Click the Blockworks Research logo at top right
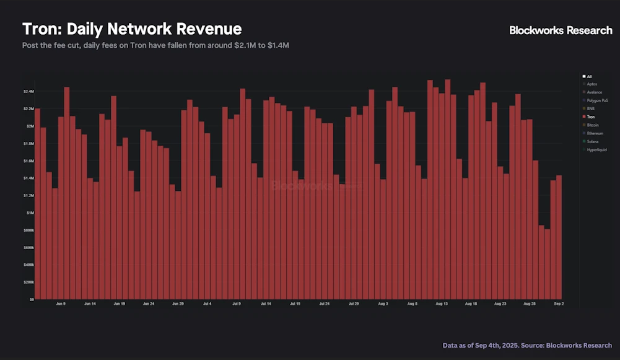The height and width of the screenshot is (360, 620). pos(561,30)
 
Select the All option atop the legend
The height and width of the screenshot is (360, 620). pos(588,76)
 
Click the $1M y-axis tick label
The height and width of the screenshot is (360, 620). pos(30,213)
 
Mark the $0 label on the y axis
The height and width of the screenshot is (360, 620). pos(30,299)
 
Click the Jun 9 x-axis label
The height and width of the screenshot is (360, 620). pos(61,304)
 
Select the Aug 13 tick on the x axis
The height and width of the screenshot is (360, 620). pos(441,304)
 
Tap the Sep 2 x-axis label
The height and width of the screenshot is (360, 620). pos(559,304)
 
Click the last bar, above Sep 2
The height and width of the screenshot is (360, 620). pos(559,235)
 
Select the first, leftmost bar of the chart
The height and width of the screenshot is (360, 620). pos(37,204)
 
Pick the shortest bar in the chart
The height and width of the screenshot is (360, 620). pos(547,264)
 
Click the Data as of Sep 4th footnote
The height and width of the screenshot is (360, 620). pos(527,345)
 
